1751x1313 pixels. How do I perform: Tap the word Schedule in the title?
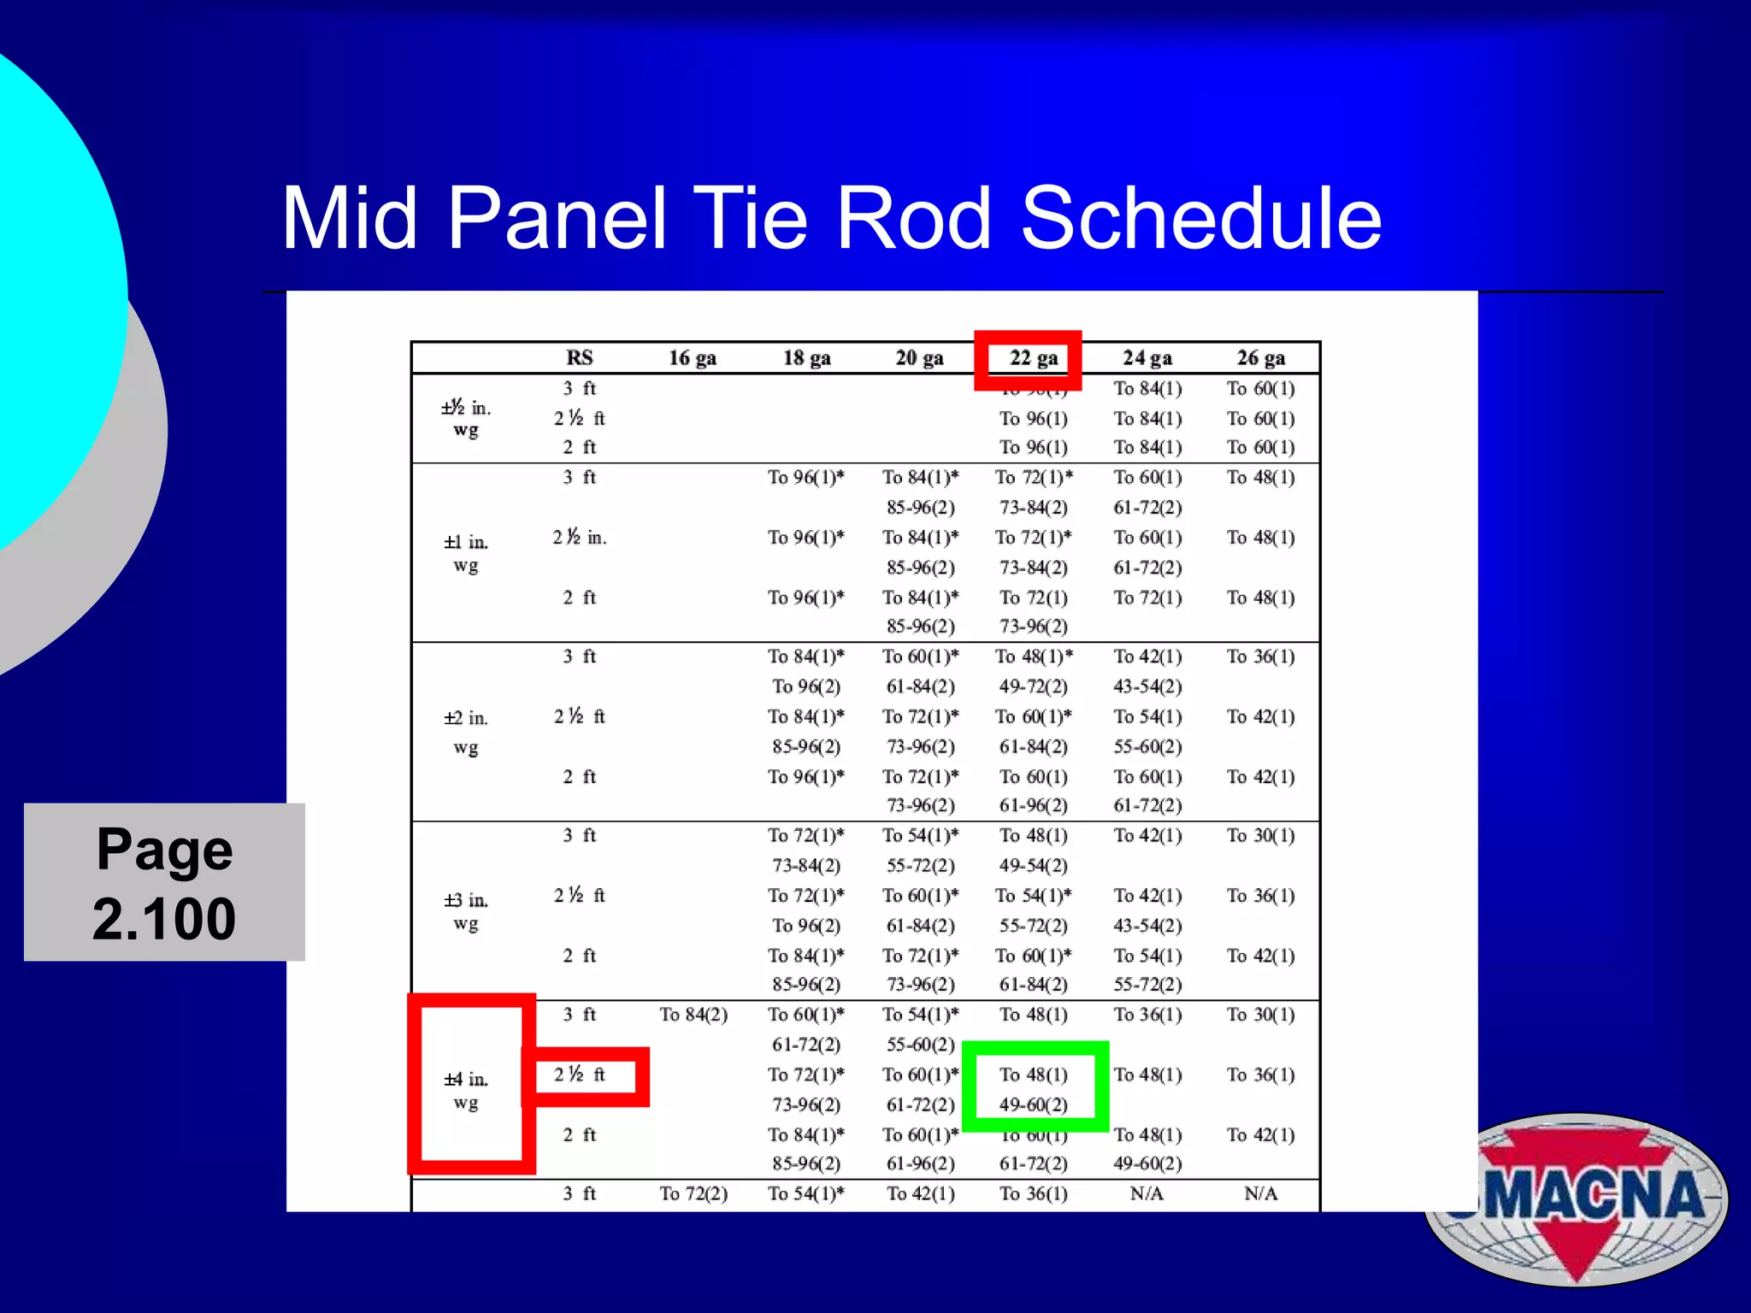[1200, 219]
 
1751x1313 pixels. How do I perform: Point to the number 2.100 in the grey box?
[164, 920]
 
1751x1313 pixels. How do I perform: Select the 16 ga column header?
[692, 358]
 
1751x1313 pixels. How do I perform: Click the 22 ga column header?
[1033, 358]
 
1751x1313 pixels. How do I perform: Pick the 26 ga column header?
[1260, 358]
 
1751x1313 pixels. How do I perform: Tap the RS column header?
[579, 358]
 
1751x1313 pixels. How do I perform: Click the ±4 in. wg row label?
[466, 1091]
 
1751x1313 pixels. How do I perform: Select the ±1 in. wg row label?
[466, 553]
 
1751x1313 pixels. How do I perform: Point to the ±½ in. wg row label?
[466, 418]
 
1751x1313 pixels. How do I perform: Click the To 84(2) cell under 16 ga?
[693, 1015]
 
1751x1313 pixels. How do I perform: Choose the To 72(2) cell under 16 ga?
[693, 1194]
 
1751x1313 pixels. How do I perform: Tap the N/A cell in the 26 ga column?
[1260, 1194]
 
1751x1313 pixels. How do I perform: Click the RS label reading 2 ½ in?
[579, 538]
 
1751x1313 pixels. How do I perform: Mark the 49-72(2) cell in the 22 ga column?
[1033, 686]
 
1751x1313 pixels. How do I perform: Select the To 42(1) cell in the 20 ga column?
[920, 1194]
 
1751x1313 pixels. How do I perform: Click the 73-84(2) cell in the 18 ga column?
[805, 866]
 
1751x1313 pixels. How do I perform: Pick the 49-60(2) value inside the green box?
[1033, 1104]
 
